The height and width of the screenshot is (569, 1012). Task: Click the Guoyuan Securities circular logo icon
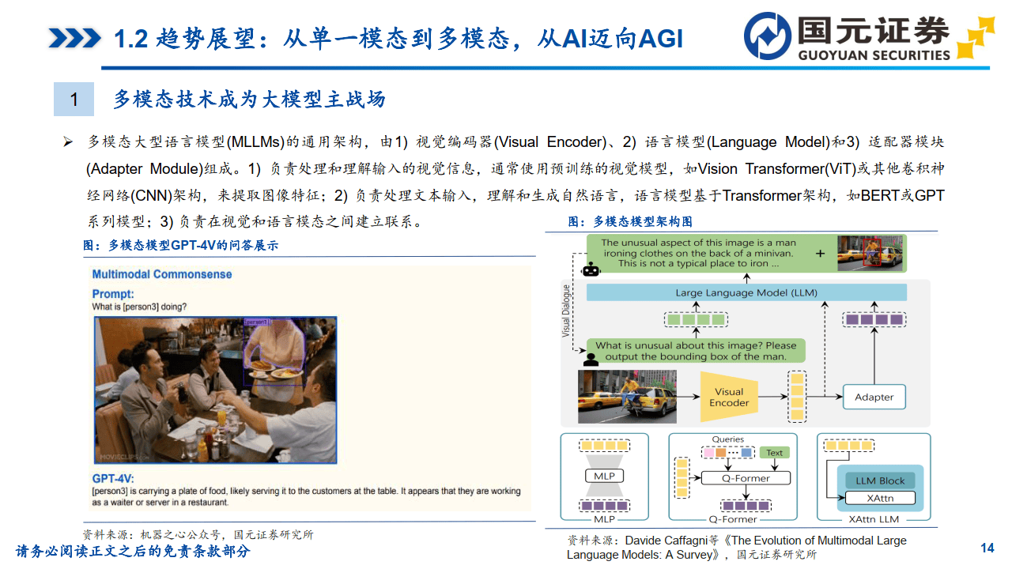click(x=767, y=36)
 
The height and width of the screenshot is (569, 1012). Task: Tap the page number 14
click(x=987, y=548)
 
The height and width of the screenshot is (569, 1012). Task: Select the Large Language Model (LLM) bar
click(x=746, y=292)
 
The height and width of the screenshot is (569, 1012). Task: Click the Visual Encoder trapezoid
click(x=729, y=397)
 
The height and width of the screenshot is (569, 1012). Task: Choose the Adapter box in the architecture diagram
click(x=874, y=397)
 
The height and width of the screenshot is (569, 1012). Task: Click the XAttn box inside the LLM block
click(x=879, y=499)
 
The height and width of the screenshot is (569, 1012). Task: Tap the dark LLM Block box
click(x=879, y=480)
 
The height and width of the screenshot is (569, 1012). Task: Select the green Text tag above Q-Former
click(x=774, y=453)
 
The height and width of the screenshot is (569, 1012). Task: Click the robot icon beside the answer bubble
click(x=591, y=269)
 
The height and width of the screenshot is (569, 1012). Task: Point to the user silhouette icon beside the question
click(x=591, y=357)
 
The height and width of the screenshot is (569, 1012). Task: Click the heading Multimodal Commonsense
click(x=162, y=274)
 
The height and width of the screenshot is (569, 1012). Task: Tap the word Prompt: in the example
click(x=113, y=294)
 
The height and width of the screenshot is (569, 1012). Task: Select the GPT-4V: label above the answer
click(x=113, y=478)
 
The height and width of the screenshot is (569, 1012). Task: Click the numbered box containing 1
click(x=74, y=100)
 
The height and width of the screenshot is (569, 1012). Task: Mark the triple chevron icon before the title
click(x=74, y=38)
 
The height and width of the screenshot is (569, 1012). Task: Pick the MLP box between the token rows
click(x=603, y=476)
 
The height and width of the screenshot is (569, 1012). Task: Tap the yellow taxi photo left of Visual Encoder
click(x=627, y=397)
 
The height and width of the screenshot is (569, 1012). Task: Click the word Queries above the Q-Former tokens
click(x=727, y=439)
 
